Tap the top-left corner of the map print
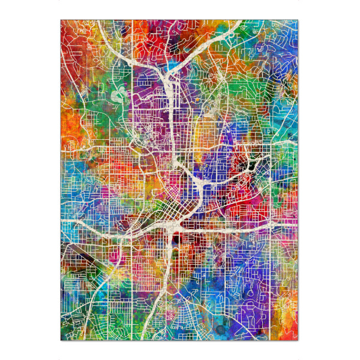coord(61,19)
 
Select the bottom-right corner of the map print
coord(299,341)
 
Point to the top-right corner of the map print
coord(299,19)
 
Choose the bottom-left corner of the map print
coord(61,341)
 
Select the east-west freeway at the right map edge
coord(298,223)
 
